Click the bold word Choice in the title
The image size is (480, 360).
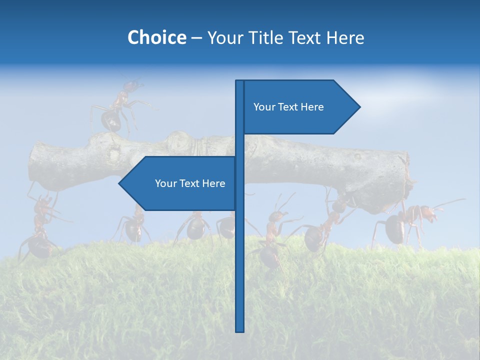pos(156,37)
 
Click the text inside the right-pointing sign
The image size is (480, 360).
pos(288,107)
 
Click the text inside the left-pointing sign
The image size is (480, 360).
pos(190,183)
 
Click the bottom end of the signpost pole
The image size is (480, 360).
pos(240,330)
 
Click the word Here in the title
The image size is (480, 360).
pos(345,37)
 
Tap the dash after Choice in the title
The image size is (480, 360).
pos(196,38)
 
